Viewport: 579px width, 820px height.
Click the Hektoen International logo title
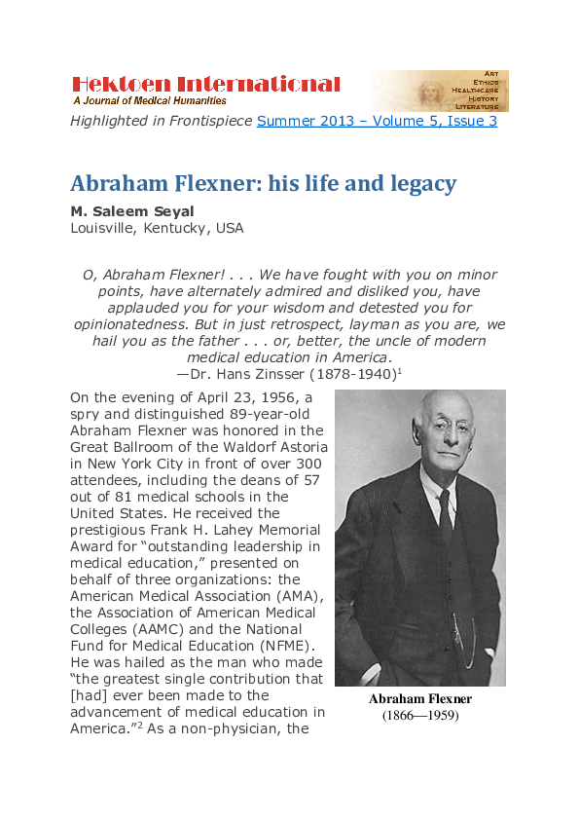206,85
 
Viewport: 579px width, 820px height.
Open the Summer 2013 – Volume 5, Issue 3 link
377,121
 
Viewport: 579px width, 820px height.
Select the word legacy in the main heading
418,183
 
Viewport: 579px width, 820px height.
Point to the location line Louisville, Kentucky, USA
157,229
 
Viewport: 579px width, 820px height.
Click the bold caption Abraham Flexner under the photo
420,699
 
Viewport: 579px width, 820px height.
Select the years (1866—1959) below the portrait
420,716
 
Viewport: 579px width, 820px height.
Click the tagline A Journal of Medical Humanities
150,100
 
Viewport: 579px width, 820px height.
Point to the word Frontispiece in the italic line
204,121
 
